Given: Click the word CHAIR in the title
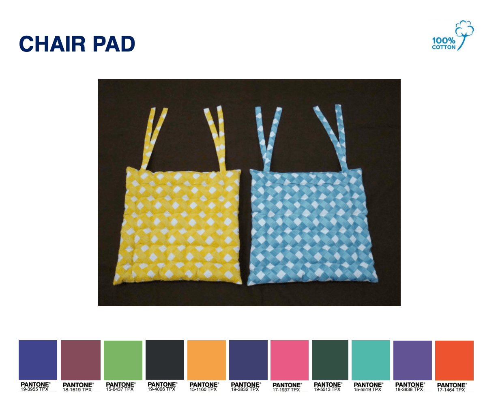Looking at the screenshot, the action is (52, 44).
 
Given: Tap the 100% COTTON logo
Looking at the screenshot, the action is (453, 36).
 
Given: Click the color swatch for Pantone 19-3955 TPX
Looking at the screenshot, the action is (38, 360).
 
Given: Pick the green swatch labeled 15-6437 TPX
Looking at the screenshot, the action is (123, 360).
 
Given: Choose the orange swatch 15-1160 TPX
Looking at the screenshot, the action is (206, 360).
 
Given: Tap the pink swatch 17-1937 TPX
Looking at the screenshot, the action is (290, 360).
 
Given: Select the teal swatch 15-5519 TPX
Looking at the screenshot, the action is (371, 360).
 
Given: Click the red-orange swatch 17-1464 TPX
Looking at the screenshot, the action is (454, 360).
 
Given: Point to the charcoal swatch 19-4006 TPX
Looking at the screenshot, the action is (165, 360).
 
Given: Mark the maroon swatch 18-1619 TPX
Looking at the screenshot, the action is (81, 360).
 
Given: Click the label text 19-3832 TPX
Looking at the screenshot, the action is (245, 389).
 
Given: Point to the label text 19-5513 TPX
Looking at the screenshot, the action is (327, 389).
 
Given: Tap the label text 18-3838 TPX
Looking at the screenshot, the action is (409, 389).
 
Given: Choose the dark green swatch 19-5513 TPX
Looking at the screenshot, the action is (331, 360).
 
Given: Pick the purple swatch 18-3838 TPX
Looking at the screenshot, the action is (412, 360).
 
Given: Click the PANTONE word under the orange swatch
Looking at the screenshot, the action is (204, 384).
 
